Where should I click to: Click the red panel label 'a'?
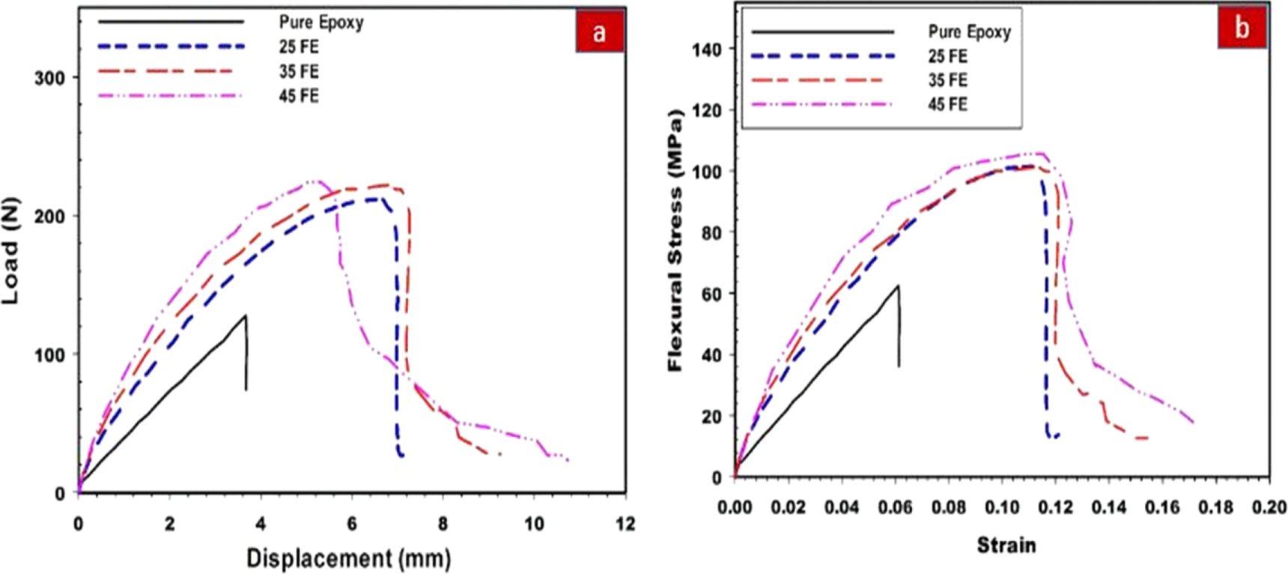(x=599, y=32)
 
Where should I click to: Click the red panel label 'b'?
(x=1242, y=28)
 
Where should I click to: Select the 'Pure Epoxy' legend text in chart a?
(x=321, y=22)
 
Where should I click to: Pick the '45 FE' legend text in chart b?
(x=948, y=104)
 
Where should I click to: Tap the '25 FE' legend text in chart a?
(x=299, y=46)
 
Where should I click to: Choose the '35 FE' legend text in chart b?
(x=948, y=80)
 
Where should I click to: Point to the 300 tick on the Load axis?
(x=49, y=78)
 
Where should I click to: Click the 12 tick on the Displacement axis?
(x=625, y=524)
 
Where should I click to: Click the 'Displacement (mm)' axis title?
(x=348, y=558)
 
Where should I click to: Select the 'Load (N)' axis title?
(x=10, y=251)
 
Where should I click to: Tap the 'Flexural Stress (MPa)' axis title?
(x=675, y=240)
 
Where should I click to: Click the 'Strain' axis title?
(x=1006, y=545)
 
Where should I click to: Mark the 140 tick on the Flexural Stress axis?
(x=707, y=49)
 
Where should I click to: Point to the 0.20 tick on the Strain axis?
(x=1269, y=508)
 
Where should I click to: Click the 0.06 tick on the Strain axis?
(x=895, y=508)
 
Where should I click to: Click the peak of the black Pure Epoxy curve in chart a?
(x=245, y=315)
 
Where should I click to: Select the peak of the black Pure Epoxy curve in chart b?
(x=898, y=286)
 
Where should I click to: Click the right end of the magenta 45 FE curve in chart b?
(x=1192, y=423)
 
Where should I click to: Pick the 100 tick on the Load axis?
(x=49, y=354)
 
